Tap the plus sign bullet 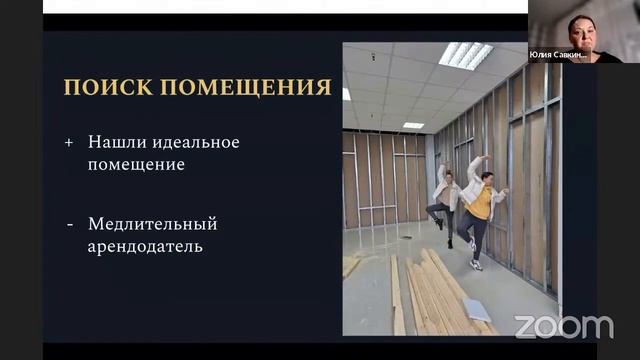69,142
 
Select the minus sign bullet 69,223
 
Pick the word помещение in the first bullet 136,164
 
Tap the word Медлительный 152,223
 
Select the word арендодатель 145,245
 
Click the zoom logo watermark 563,326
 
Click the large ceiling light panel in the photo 465,54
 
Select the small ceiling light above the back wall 413,125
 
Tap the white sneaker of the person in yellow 476,264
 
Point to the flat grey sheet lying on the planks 476,310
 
